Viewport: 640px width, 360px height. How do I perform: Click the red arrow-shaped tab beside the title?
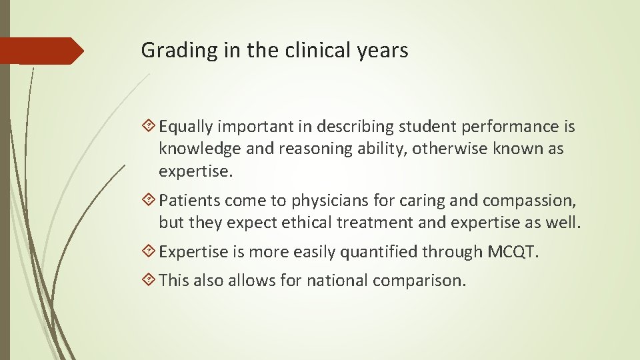pos(41,51)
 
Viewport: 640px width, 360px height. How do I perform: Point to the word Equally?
pos(186,127)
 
